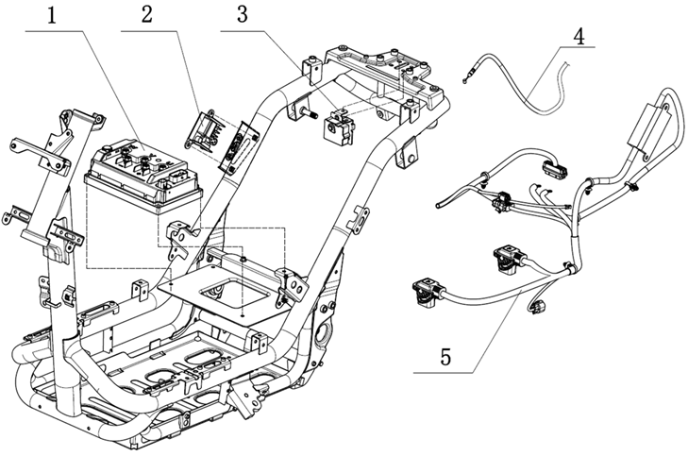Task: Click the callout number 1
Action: coord(52,17)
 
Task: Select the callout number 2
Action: coord(147,14)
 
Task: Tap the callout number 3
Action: coord(243,14)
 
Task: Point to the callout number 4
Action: coord(579,37)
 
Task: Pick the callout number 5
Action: coord(445,357)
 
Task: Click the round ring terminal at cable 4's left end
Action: coord(464,81)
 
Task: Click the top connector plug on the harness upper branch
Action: coord(555,168)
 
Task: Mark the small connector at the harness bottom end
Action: coord(538,306)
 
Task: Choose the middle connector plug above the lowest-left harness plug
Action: coord(509,260)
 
